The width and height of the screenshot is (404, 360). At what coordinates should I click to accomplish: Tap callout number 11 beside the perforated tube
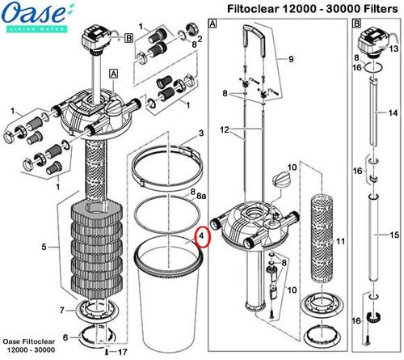click(x=339, y=242)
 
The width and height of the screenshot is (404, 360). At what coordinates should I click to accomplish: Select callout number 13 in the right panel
click(x=393, y=49)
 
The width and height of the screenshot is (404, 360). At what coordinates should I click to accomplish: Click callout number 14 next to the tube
click(x=393, y=112)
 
